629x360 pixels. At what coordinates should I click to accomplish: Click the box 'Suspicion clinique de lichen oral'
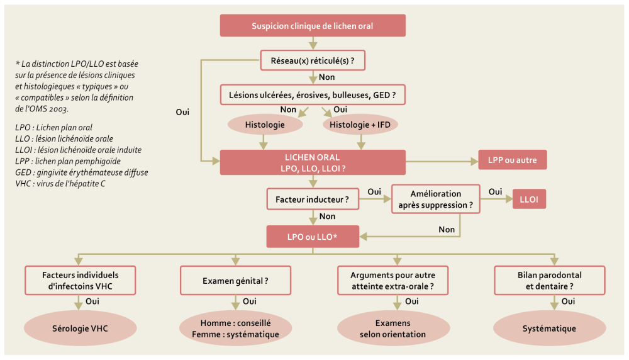[x=313, y=26]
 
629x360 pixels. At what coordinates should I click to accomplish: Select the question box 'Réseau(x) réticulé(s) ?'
[x=313, y=61]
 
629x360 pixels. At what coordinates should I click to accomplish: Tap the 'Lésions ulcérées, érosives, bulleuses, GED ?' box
[x=313, y=94]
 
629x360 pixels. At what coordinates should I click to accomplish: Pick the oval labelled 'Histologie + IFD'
[x=360, y=125]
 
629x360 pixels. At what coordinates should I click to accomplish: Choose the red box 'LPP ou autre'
[x=513, y=160]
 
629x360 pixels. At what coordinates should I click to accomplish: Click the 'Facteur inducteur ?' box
[x=313, y=200]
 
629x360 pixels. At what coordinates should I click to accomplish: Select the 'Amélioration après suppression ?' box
[x=436, y=200]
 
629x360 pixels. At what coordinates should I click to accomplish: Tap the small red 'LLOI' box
[x=529, y=200]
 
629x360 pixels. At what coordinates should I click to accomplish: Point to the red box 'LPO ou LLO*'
[x=313, y=237]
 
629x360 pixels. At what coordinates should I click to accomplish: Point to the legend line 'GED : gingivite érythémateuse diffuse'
[x=82, y=172]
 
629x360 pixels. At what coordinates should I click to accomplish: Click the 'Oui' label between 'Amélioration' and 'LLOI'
[x=496, y=191]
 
